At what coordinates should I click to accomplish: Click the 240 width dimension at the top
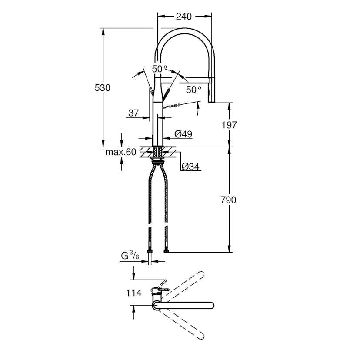(184, 17)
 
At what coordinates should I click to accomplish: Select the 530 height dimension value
(103, 87)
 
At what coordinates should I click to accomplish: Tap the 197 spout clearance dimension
(229, 125)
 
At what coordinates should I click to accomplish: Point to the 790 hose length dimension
(229, 200)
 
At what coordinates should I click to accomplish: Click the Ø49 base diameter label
(183, 135)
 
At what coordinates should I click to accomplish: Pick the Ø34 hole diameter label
(190, 166)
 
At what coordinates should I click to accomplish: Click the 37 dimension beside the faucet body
(133, 113)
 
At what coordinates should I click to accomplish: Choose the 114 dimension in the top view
(134, 293)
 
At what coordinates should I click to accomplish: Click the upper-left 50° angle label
(159, 69)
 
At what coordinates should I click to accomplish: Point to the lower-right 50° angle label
(193, 90)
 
